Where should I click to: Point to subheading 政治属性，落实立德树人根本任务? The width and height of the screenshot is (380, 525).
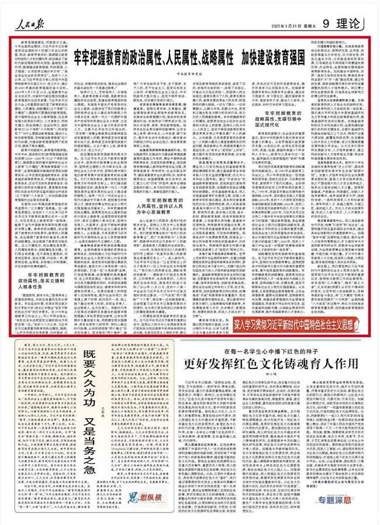(x=42, y=276)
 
